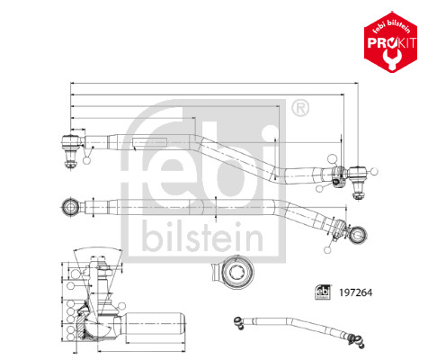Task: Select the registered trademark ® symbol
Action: point(299,110)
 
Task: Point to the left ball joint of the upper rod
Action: point(68,142)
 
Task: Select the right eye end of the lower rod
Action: point(361,236)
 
